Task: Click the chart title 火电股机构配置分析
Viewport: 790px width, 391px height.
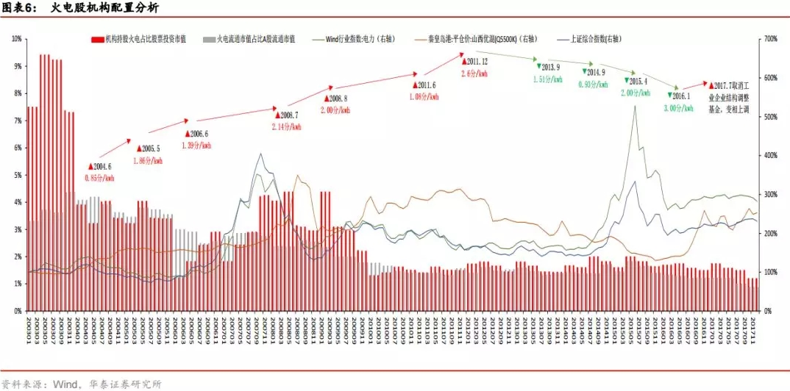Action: pyautogui.click(x=96, y=9)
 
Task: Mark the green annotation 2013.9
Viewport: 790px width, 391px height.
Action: pyautogui.click(x=552, y=67)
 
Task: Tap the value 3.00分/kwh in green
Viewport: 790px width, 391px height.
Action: pyautogui.click(x=678, y=108)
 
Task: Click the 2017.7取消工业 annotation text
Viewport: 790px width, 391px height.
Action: pyautogui.click(x=728, y=85)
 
